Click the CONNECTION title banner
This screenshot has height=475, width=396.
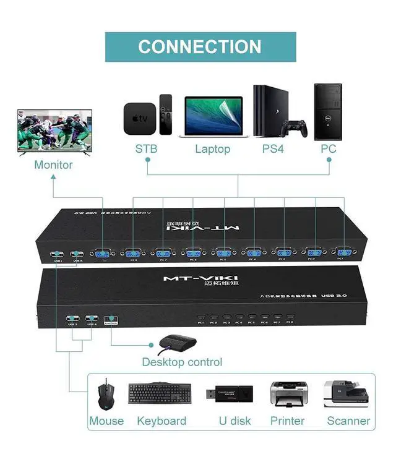200,47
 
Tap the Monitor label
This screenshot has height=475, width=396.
53,165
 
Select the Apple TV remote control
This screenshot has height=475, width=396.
165,114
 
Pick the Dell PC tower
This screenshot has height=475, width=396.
328,111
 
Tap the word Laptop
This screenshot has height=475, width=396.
212,149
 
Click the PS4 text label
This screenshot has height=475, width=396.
272,149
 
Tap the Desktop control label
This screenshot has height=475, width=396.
182,362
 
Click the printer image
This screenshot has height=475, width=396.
288,393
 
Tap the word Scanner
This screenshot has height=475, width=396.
348,421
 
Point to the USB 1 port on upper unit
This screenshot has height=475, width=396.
57,254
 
